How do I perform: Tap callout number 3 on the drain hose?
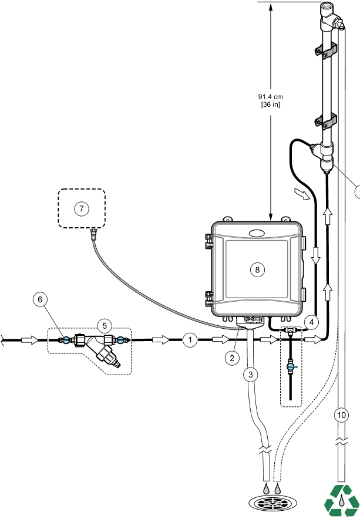pyautogui.click(x=251, y=375)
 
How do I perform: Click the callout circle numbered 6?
pyautogui.click(x=41, y=299)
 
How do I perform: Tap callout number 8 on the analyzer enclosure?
pyautogui.click(x=255, y=269)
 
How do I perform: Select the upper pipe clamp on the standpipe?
pyautogui.click(x=326, y=53)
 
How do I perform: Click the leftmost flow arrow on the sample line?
pyautogui.click(x=29, y=339)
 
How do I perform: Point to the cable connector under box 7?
pyautogui.click(x=93, y=237)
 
